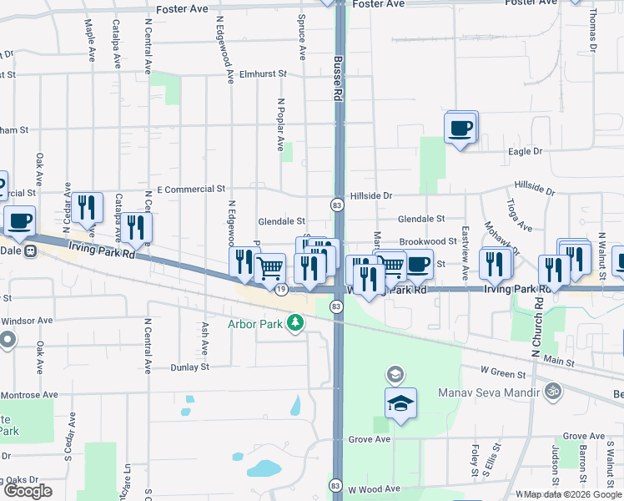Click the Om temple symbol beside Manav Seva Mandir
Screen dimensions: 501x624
tap(551, 390)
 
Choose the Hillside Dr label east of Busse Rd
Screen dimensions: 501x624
tap(370, 195)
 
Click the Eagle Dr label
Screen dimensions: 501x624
tap(526, 151)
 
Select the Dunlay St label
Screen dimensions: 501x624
tap(189, 367)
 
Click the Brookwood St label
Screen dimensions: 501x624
tap(427, 240)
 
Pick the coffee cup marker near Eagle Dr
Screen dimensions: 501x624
tap(460, 129)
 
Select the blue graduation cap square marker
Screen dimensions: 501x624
tap(400, 404)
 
